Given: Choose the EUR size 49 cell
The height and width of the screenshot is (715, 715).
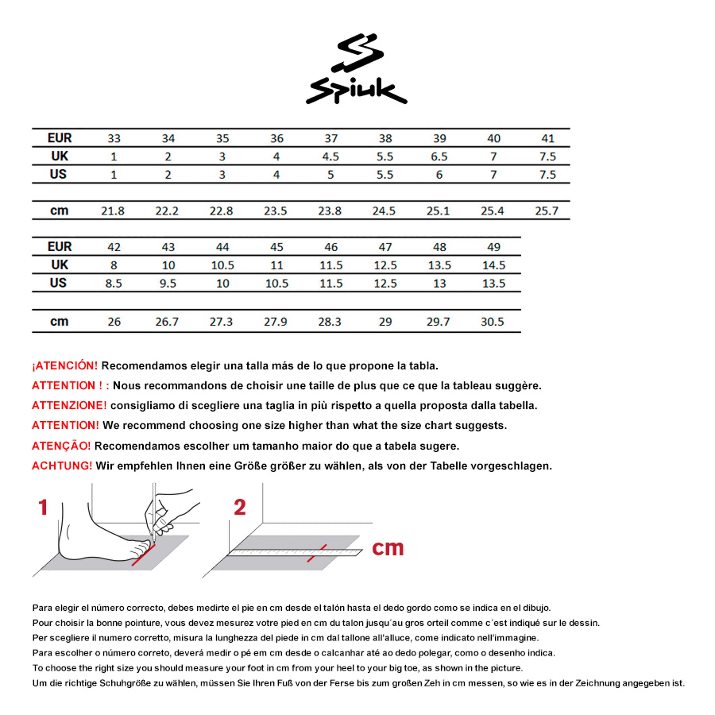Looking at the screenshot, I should pos(494,247).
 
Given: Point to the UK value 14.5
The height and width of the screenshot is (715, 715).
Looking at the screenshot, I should pos(494,265).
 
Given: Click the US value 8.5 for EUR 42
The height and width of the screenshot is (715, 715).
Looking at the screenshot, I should pos(114,283).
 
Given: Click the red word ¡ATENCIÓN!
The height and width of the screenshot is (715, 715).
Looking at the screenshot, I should pos(65,366).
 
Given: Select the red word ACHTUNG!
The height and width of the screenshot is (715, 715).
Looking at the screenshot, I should pos(62,466).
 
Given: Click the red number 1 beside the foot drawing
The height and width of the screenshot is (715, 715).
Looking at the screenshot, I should pos(43,507).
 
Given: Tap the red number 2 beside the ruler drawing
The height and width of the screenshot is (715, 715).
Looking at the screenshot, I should pos(240,507).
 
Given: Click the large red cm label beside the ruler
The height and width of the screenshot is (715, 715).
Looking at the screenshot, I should pos(387,548).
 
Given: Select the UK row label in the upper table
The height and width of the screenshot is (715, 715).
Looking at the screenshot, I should pos(60,156).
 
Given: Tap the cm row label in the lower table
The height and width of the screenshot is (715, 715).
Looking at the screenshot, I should pos(59,321).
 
